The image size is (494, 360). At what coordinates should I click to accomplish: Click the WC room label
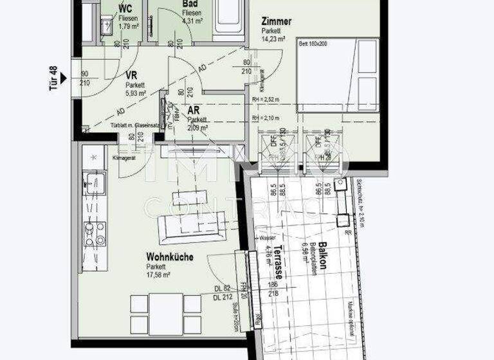pyautogui.click(x=126, y=8)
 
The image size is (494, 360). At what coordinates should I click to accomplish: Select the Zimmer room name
pyautogui.click(x=276, y=21)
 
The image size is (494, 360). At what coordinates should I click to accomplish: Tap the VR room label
pyautogui.click(x=131, y=75)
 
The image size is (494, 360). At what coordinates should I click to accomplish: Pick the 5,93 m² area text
pyautogui.click(x=136, y=93)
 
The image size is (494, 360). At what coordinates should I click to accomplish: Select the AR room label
pyautogui.click(x=194, y=111)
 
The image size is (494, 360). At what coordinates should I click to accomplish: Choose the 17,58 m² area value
pyautogui.click(x=158, y=274)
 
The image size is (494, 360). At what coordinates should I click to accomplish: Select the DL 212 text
pyautogui.click(x=223, y=297)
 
